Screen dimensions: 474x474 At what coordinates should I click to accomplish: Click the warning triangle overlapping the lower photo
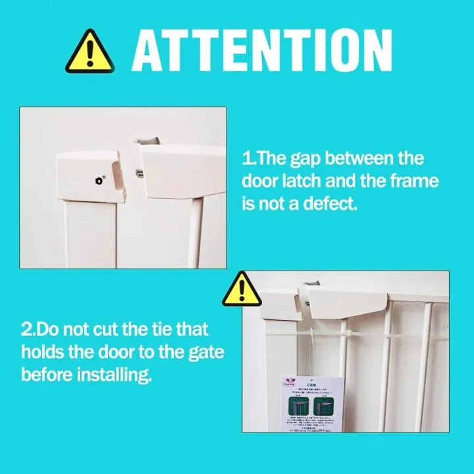pyautogui.click(x=242, y=289)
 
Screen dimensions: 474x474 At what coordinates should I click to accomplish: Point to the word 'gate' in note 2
pyautogui.click(x=205, y=352)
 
